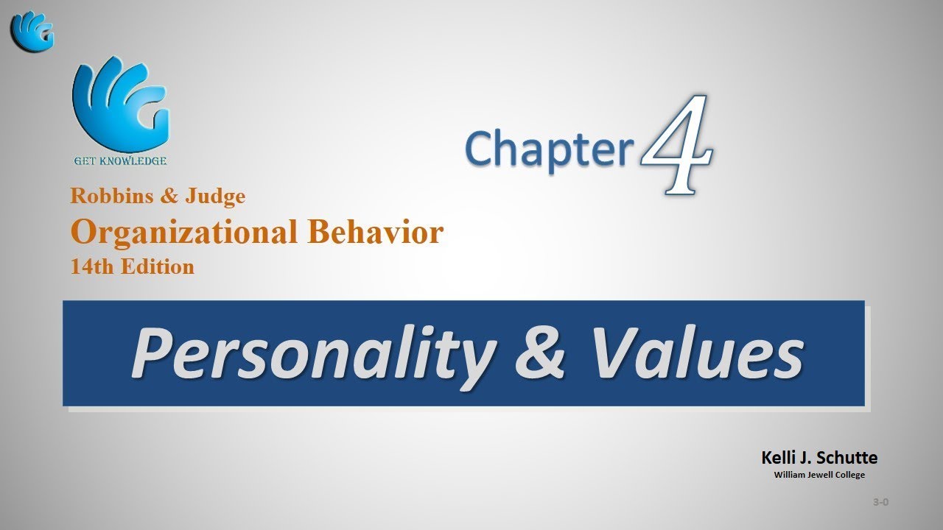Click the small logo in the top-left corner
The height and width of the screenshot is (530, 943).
[32, 31]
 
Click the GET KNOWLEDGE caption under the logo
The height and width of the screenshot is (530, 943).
[120, 160]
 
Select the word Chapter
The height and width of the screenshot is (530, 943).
[550, 147]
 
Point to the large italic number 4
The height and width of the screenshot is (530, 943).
[676, 144]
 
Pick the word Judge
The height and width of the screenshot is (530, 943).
[215, 196]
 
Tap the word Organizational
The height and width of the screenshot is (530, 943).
[184, 232]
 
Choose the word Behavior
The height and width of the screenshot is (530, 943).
[376, 232]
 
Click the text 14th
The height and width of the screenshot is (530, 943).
[88, 266]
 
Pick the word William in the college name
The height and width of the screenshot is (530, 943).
[790, 475]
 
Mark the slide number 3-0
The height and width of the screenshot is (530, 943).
[880, 502]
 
